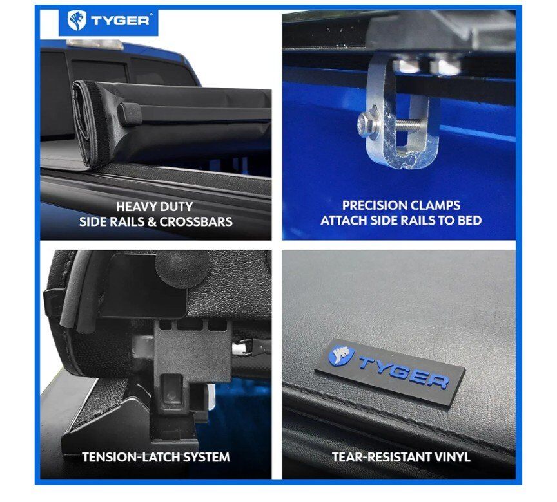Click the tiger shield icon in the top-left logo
point(77,20)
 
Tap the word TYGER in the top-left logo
point(120,21)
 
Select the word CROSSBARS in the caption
point(196,221)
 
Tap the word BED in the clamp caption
point(469,220)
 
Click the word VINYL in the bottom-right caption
point(451,457)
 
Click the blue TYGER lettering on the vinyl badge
point(404,371)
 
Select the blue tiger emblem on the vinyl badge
point(342,355)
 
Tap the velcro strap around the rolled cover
point(130,114)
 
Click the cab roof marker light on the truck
point(95,44)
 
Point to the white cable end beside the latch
point(242,348)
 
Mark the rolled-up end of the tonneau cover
point(89,122)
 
